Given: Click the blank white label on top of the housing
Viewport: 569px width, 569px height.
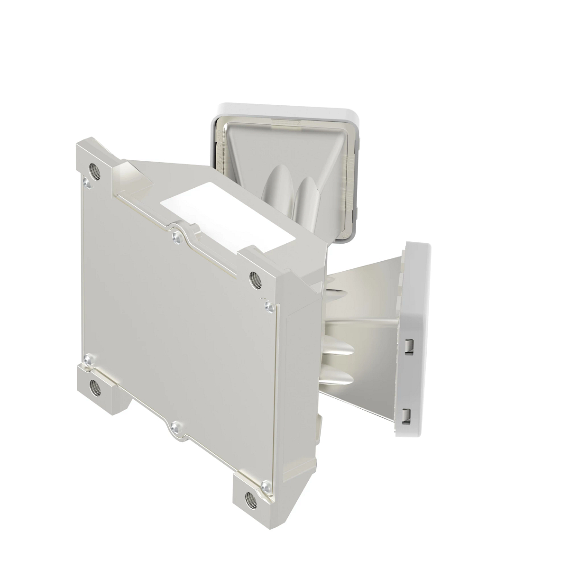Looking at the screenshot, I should point(228,216).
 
